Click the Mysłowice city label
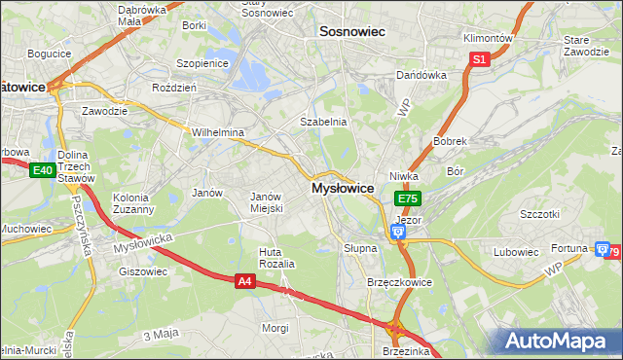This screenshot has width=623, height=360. tap(343, 188)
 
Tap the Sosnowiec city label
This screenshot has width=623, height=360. tap(352, 32)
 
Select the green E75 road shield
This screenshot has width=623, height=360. tap(407, 198)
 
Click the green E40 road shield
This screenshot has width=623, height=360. tap(41, 171)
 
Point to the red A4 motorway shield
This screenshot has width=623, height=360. tap(247, 281)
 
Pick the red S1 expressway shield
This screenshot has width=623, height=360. tap(479, 59)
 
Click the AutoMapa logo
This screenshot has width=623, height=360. tap(560, 341)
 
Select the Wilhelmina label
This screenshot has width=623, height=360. tap(217, 132)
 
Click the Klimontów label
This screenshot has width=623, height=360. tap(489, 38)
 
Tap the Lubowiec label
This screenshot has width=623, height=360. tap(516, 252)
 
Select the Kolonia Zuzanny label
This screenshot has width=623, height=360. tap(133, 203)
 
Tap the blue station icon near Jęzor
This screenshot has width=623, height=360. tap(397, 232)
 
